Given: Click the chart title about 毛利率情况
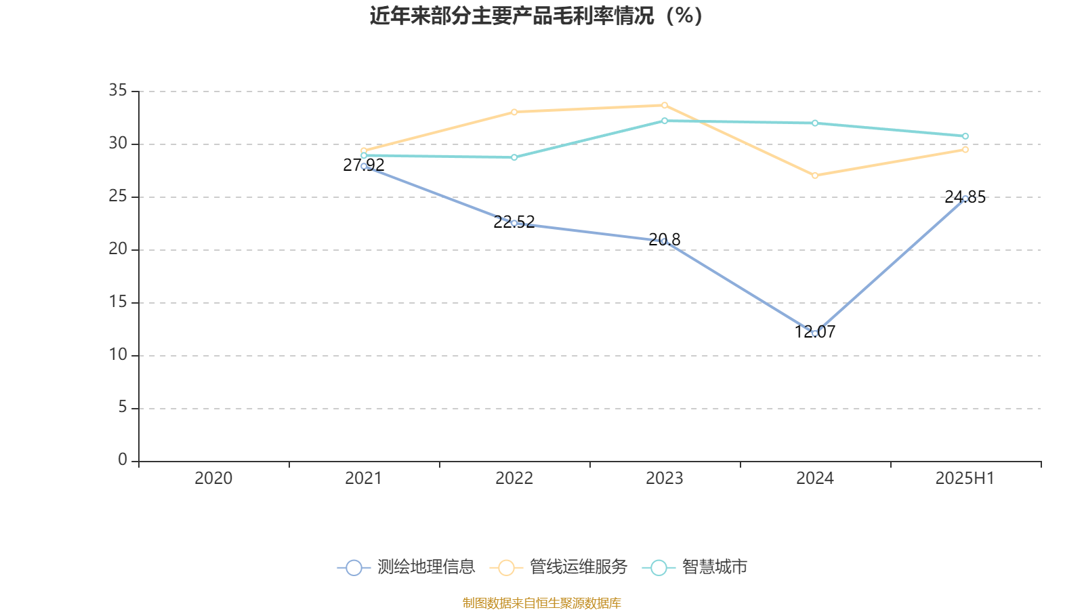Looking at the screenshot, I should tap(536, 16).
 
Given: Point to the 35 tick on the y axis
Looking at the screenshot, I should tap(118, 90).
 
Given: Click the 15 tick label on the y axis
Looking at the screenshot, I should tap(118, 302).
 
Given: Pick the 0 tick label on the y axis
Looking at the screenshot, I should tap(122, 460).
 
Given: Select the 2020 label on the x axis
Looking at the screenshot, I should tap(213, 479).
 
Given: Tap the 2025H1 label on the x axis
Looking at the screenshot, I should tap(964, 479).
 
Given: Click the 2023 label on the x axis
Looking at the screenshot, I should tap(664, 479).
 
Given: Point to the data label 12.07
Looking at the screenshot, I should tap(815, 332).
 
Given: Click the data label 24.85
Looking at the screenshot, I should tap(965, 197).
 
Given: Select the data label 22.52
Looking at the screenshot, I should tap(514, 222).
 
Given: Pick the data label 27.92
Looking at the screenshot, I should tap(364, 165).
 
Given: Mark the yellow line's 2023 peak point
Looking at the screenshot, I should tap(665, 105).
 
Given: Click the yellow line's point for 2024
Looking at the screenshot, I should tap(815, 176).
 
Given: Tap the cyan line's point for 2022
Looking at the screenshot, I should tap(514, 157).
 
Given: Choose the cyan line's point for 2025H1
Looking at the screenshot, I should tap(965, 136).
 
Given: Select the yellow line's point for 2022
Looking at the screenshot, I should tap(514, 112).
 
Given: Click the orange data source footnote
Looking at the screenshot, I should tap(541, 603).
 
